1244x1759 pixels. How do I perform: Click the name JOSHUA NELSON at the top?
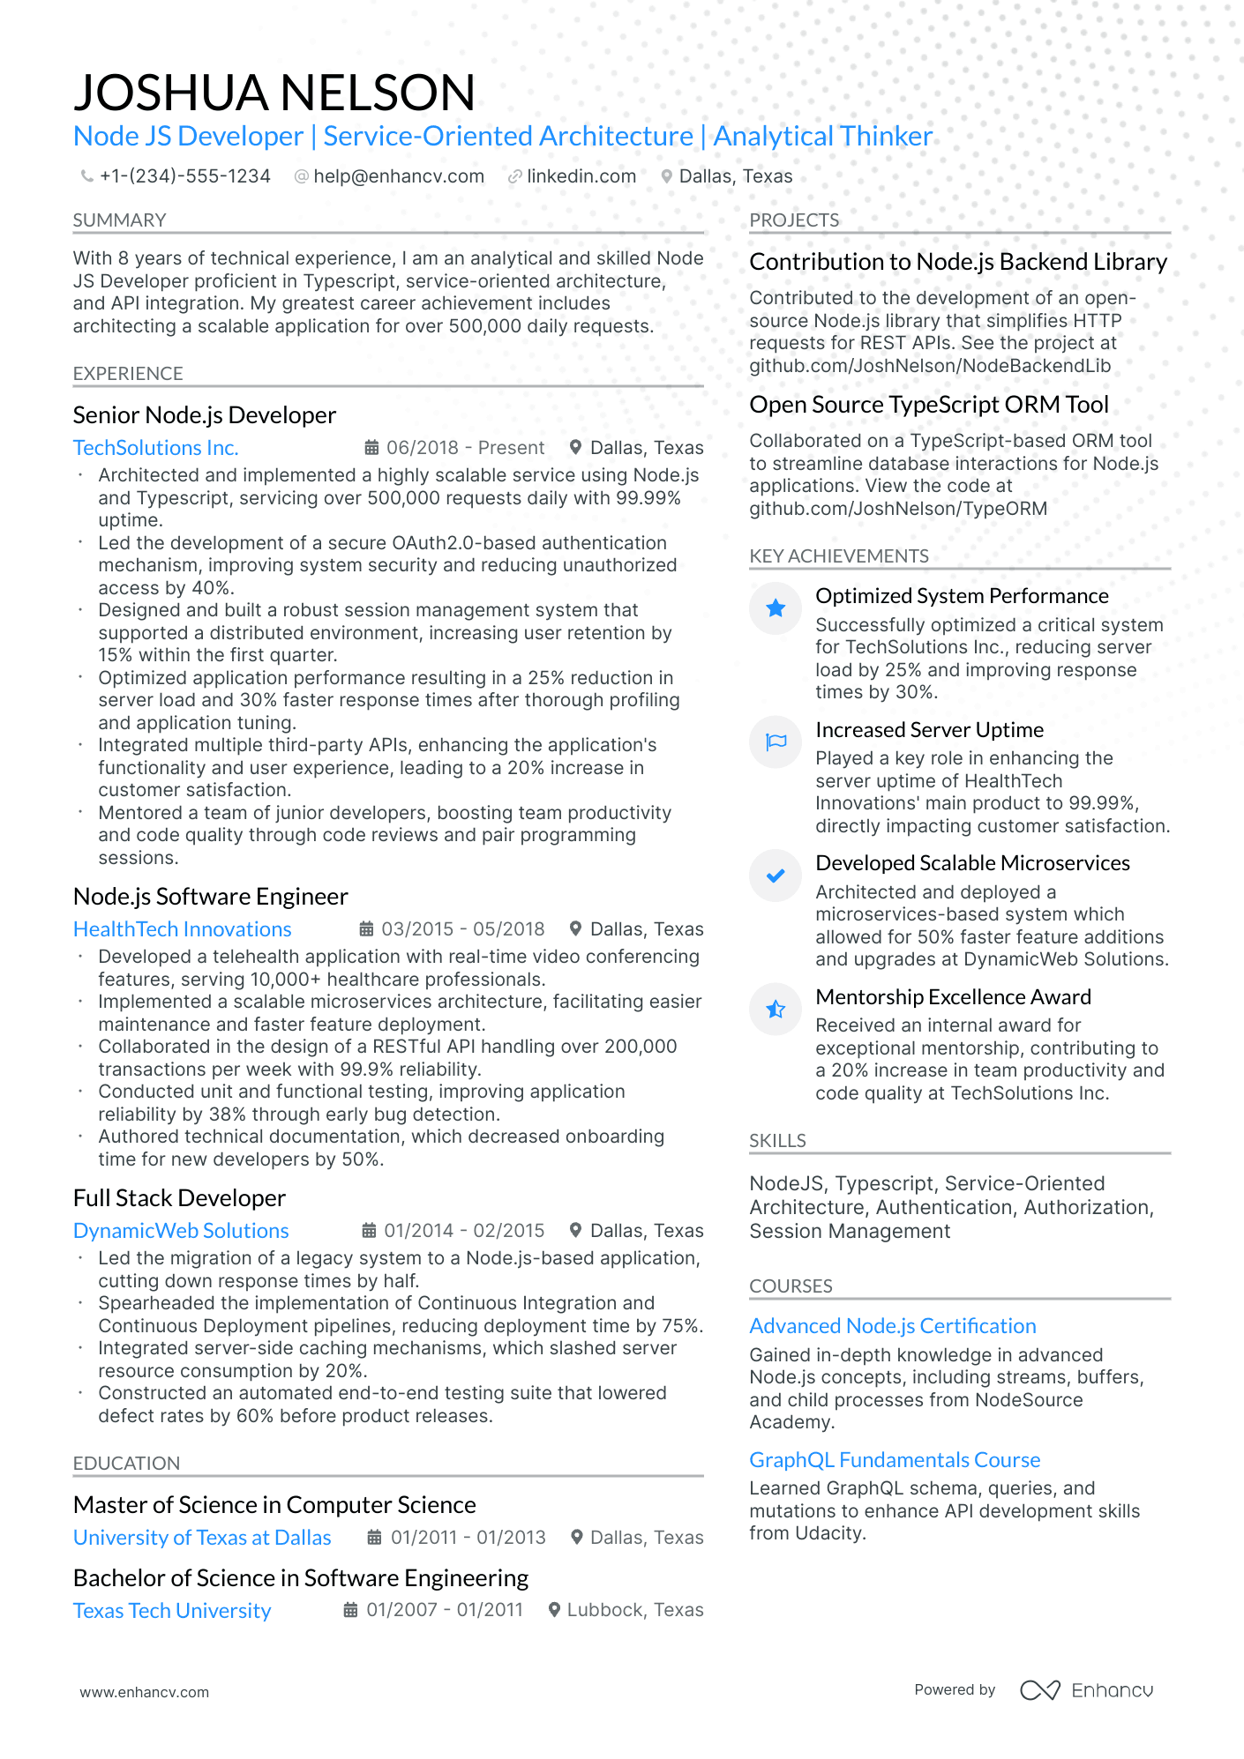[x=274, y=93]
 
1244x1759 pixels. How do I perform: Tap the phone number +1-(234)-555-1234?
[x=184, y=176]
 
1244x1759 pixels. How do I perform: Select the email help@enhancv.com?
[x=398, y=176]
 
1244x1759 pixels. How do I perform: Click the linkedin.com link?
[x=581, y=176]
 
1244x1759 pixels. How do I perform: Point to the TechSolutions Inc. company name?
[x=155, y=448]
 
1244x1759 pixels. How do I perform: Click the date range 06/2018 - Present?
[x=465, y=448]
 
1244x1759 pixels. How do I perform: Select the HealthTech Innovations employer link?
[x=182, y=929]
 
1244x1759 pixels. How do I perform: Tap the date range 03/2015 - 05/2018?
[x=462, y=929]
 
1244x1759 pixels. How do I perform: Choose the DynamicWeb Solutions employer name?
[x=181, y=1231]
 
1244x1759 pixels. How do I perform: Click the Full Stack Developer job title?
[x=179, y=1198]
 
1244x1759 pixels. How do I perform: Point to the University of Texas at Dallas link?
[x=202, y=1538]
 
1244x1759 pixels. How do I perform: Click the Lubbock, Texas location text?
[x=634, y=1610]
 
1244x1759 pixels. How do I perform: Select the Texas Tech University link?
[x=172, y=1611]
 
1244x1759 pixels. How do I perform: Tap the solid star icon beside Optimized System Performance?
[x=776, y=607]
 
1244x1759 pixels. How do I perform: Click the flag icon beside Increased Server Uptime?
[x=776, y=742]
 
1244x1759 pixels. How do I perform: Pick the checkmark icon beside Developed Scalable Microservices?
[x=776, y=876]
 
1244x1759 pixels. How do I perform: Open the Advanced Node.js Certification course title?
[x=892, y=1326]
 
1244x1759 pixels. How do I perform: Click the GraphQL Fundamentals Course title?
[x=895, y=1460]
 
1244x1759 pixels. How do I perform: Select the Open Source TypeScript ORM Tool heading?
[x=928, y=405]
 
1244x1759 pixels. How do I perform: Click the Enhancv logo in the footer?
[x=1086, y=1690]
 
